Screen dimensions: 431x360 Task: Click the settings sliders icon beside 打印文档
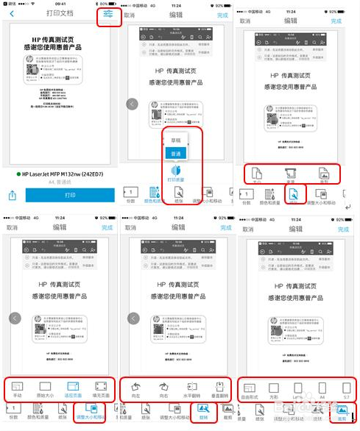[109, 15]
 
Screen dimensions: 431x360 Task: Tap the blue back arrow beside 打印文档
[12, 14]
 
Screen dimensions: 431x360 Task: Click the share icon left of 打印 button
[13, 196]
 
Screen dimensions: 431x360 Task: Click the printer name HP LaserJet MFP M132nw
[63, 174]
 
